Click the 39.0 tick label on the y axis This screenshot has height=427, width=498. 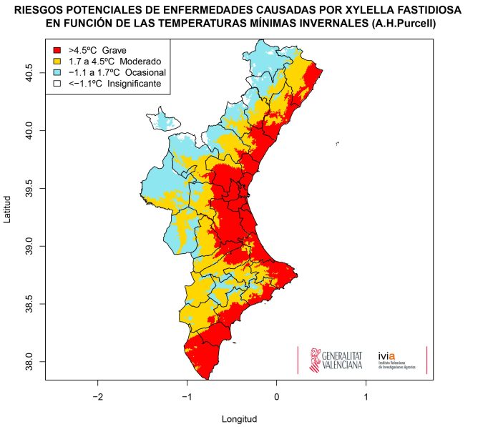tap(29, 247)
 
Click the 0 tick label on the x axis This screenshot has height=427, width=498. tap(277, 396)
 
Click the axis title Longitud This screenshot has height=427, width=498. tap(239, 418)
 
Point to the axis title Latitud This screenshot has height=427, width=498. tap(8, 208)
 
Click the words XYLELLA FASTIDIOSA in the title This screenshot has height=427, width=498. tap(400, 12)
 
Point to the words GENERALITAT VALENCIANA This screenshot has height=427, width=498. tap(343, 360)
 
